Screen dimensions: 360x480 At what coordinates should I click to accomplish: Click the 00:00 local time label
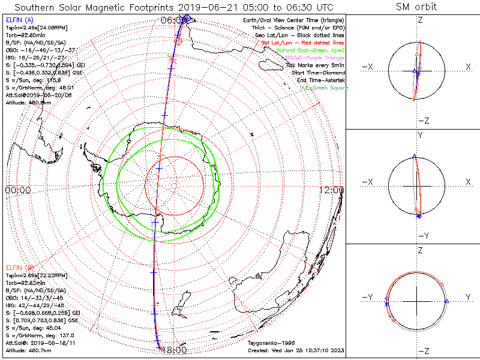pos(18,190)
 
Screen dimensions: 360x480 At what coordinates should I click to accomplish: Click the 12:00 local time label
pos(332,190)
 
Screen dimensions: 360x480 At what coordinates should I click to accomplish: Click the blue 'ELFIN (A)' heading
pos(19,20)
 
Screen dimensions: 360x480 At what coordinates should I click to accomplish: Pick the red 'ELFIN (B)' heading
pos(19,267)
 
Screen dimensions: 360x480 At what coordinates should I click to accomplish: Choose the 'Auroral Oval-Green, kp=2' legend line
pos(311,50)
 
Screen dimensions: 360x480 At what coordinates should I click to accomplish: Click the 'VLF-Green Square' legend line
pos(323,88)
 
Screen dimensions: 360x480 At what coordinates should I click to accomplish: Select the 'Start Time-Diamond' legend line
pos(317,73)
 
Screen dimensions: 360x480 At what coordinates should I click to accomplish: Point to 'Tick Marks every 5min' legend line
pos(314,65)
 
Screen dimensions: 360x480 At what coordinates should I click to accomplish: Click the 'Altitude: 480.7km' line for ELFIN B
pos(29,349)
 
